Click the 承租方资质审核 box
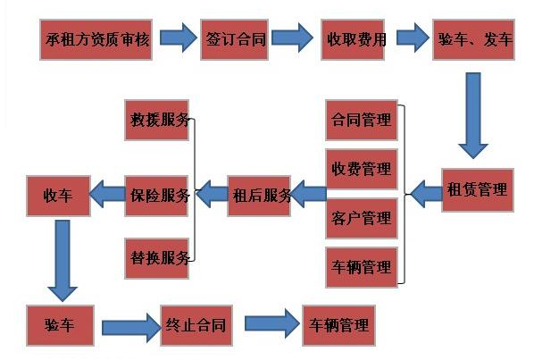pos(96,39)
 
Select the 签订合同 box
pos(235,39)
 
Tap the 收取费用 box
pos(353,39)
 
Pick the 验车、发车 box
pos(473,39)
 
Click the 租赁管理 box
pos(478,190)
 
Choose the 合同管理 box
pos(362,120)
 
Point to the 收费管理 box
pos(362,169)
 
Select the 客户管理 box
pos(362,218)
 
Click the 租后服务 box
pos(259,196)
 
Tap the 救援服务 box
pos(156,120)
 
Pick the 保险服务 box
pos(156,196)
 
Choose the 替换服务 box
pos(156,258)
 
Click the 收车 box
pos(58,196)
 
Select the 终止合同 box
pos(196,325)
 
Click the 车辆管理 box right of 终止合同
pos(338,325)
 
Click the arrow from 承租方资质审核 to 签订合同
pos(178,38)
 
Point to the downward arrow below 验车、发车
pos(473,115)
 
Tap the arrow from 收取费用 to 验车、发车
pos(413,38)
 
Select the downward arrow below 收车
pos(63,261)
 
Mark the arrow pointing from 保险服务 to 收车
pos(108,194)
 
